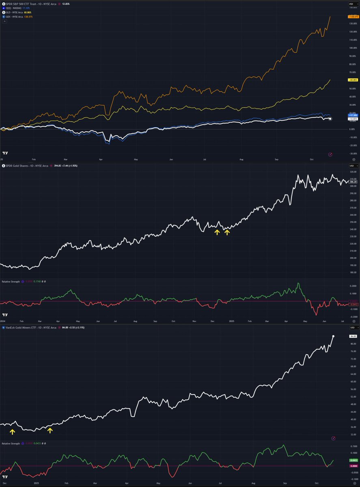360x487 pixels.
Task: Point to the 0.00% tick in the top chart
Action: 351,129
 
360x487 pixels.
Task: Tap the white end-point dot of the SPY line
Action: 330,119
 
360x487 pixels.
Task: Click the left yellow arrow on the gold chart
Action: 217,232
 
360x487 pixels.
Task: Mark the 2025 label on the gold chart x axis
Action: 232,321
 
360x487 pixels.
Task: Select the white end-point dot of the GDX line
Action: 333,336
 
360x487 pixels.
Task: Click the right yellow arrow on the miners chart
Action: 50,430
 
